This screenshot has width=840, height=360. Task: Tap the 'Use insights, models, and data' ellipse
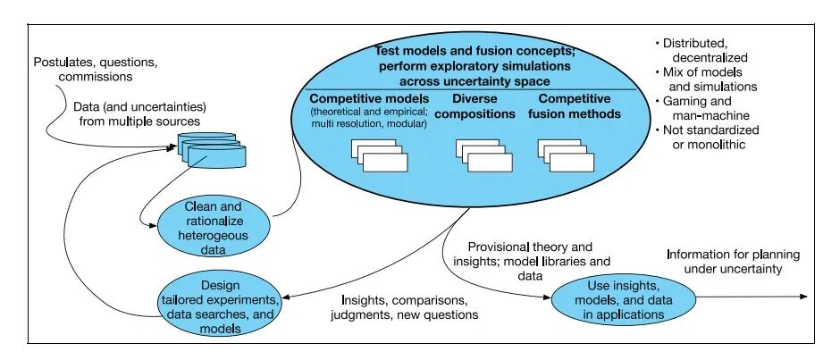624,299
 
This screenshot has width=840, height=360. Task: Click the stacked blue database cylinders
212,151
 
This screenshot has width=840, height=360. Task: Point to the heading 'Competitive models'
370,99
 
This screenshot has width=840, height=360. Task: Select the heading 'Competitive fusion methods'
575,106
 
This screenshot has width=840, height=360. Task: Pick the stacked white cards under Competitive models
379,155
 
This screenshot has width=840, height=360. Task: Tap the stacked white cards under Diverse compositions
483,155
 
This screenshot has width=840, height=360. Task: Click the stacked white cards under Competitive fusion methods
566,155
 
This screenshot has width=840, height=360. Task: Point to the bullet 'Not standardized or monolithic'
707,138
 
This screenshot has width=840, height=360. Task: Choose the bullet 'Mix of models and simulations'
706,80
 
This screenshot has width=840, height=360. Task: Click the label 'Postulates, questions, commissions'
96,69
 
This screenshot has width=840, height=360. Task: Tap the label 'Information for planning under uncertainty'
734,262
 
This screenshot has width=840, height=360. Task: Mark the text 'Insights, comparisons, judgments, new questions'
404,307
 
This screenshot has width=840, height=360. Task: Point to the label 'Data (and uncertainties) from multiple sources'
139,113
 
